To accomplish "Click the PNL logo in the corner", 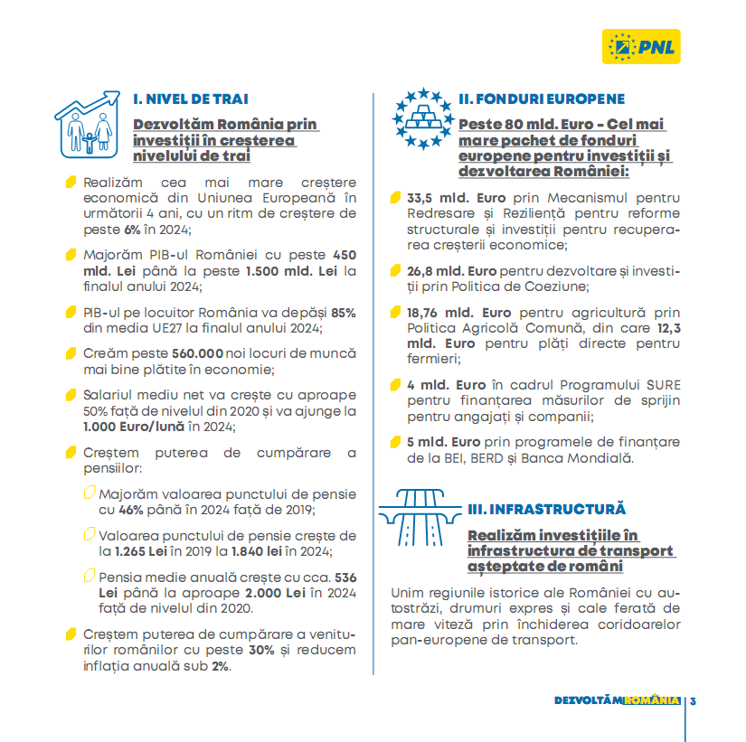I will point(641,46).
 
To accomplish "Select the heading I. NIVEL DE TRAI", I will point(191,99).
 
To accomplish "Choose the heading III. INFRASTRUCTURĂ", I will point(547,510).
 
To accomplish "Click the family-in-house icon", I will point(88,124).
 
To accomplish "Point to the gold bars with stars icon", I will point(421,118).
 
